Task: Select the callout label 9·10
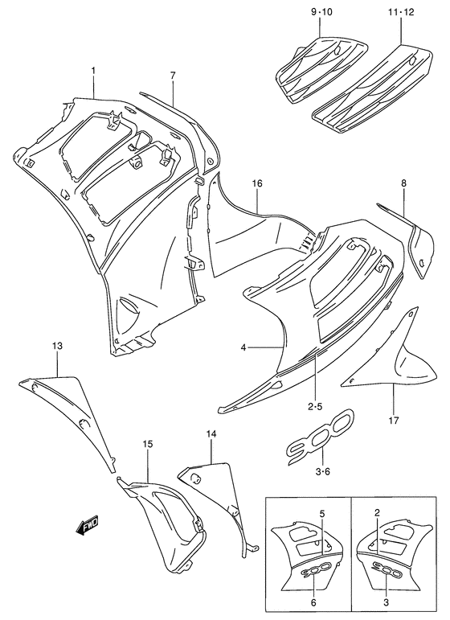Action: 321,13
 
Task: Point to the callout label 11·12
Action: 399,13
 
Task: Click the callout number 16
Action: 256,184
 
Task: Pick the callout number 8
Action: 404,183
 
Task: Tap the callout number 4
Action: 243,347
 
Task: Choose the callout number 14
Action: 211,435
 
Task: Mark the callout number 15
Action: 148,444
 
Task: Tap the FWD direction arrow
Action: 87,526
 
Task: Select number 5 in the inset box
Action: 321,514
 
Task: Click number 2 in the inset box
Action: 377,514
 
